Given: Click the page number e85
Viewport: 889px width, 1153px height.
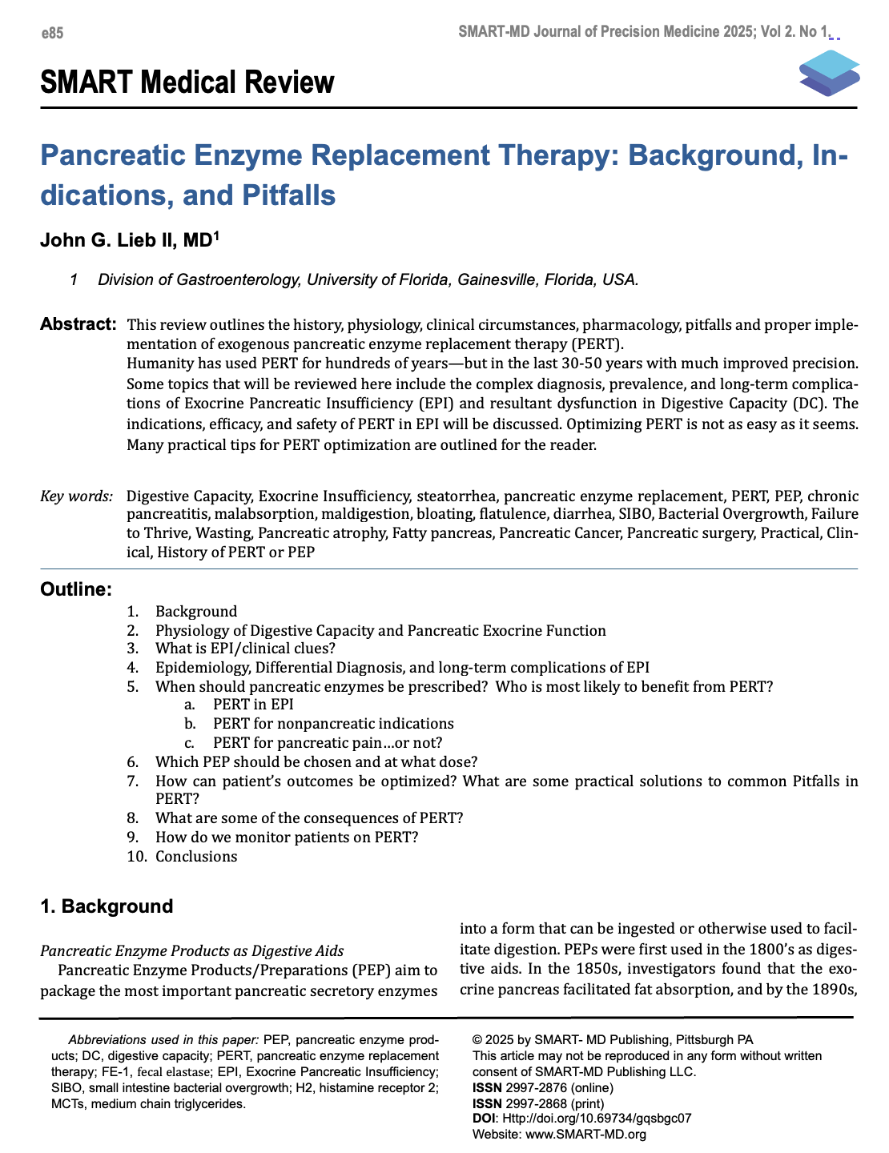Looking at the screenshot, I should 52,33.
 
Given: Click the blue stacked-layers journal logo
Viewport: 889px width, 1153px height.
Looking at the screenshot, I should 829,73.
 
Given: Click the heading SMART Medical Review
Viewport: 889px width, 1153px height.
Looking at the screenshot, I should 187,82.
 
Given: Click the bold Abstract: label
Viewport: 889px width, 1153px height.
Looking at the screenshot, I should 78,324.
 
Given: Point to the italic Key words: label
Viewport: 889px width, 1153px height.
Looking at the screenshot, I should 76,496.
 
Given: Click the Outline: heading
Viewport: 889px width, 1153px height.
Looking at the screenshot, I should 76,590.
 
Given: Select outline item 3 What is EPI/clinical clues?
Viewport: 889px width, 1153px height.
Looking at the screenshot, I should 245,649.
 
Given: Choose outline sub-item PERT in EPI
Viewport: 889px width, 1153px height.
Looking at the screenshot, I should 253,705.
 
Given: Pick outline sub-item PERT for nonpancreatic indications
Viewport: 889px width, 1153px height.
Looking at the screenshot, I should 333,723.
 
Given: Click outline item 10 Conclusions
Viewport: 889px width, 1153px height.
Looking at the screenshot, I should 196,857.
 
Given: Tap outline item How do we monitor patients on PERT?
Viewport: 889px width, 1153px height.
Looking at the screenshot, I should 287,838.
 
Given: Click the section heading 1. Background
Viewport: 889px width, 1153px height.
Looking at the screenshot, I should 107,906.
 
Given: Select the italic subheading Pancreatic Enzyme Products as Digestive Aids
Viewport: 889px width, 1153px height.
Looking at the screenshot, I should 191,951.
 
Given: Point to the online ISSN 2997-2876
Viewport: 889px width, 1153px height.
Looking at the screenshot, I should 543,1087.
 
